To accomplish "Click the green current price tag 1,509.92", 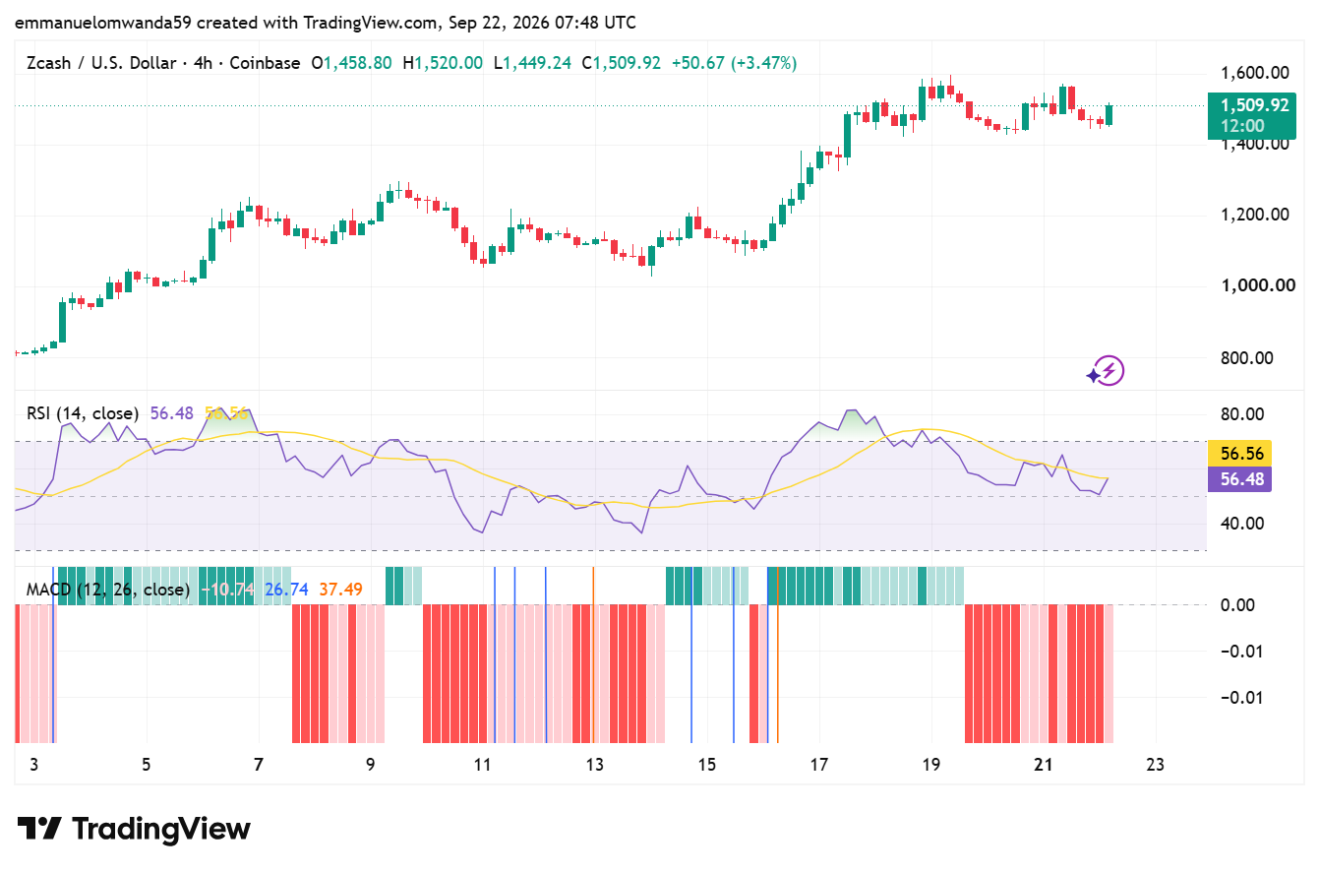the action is click(x=1251, y=115).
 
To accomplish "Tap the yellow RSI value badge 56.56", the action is click(x=1239, y=453).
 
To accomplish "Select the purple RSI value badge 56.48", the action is click(x=1239, y=479).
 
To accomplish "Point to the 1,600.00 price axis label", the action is click(x=1255, y=73).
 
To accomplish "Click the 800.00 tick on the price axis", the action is click(x=1246, y=357).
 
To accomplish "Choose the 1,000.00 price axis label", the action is click(x=1258, y=285).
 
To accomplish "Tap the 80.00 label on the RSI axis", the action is click(x=1242, y=414).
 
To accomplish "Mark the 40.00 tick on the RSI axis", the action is click(x=1242, y=524).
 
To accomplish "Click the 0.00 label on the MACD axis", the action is click(x=1237, y=605).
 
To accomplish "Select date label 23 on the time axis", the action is click(x=1156, y=765).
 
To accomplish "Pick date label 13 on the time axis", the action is click(x=595, y=765).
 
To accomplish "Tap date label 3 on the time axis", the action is click(x=34, y=765).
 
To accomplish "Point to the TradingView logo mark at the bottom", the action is click(x=39, y=829).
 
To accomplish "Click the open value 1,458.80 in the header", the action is click(x=357, y=63).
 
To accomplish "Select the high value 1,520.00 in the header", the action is click(x=449, y=63).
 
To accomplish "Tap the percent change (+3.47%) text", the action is click(x=763, y=63).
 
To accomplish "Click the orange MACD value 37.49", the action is click(x=341, y=590).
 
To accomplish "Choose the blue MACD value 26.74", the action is click(x=286, y=590).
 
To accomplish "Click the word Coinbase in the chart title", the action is click(x=265, y=63).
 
